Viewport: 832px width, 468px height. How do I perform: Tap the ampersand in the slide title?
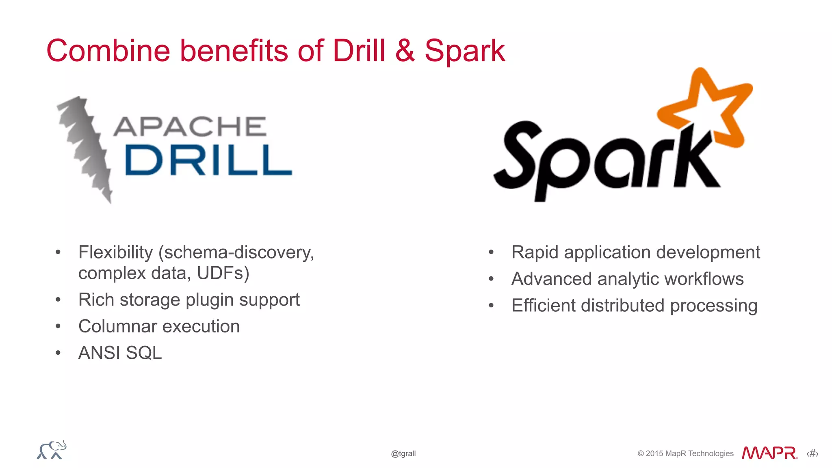click(405, 51)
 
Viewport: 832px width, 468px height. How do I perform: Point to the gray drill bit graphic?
click(84, 148)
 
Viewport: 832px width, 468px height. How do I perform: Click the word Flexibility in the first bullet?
click(115, 252)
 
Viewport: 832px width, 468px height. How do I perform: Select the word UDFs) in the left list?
click(223, 273)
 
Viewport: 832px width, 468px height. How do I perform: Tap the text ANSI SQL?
click(120, 353)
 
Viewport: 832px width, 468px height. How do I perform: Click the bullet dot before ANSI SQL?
click(58, 353)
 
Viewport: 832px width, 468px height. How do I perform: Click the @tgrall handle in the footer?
click(403, 453)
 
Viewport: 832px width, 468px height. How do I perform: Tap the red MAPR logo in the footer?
click(769, 453)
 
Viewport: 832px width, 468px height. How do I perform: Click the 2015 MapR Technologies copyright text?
click(685, 453)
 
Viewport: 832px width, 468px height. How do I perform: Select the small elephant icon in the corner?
click(52, 450)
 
